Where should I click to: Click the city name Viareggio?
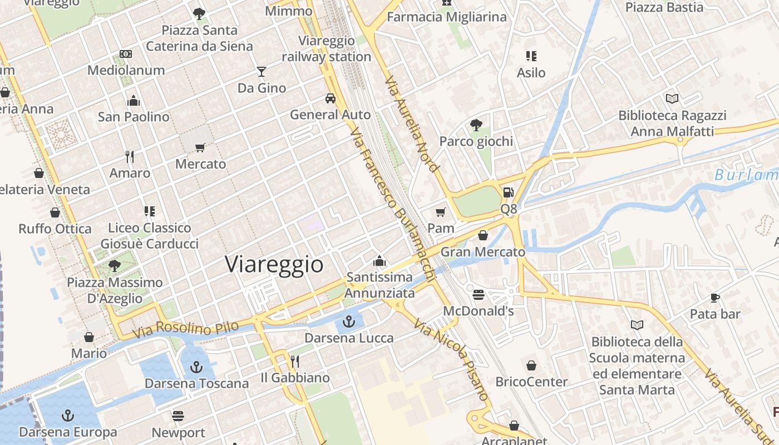click(274, 264)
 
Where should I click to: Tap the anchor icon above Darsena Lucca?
click(349, 321)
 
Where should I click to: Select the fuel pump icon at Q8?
click(508, 192)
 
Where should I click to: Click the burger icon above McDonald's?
click(479, 294)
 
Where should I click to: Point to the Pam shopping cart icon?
click(441, 212)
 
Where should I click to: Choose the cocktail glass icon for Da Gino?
click(261, 71)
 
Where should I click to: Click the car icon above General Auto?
click(331, 98)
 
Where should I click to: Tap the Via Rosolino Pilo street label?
click(185, 329)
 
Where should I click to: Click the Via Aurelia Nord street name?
click(412, 123)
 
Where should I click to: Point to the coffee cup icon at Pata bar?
click(715, 298)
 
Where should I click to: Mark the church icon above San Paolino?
click(134, 101)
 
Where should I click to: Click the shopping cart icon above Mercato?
click(200, 147)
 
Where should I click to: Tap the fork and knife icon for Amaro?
click(130, 156)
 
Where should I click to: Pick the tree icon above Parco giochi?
click(476, 125)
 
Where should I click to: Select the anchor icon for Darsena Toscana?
click(196, 367)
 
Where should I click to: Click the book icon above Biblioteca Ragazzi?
click(672, 98)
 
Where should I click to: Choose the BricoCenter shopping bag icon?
click(531, 365)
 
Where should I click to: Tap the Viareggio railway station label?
click(326, 48)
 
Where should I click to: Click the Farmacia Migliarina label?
click(447, 17)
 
